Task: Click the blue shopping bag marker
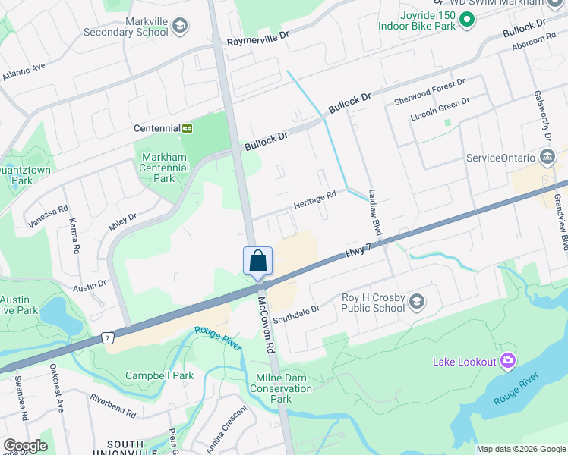tap(257, 261)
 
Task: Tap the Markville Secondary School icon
tap(180, 27)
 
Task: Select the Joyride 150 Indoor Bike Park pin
tap(467, 20)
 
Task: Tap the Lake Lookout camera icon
tap(508, 361)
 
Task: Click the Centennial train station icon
tap(187, 128)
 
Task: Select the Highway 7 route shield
tap(110, 337)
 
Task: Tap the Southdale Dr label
tap(297, 309)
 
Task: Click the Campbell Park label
tap(159, 375)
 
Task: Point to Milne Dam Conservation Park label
tap(281, 389)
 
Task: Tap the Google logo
tap(25, 446)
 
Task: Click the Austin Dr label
tap(90, 288)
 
